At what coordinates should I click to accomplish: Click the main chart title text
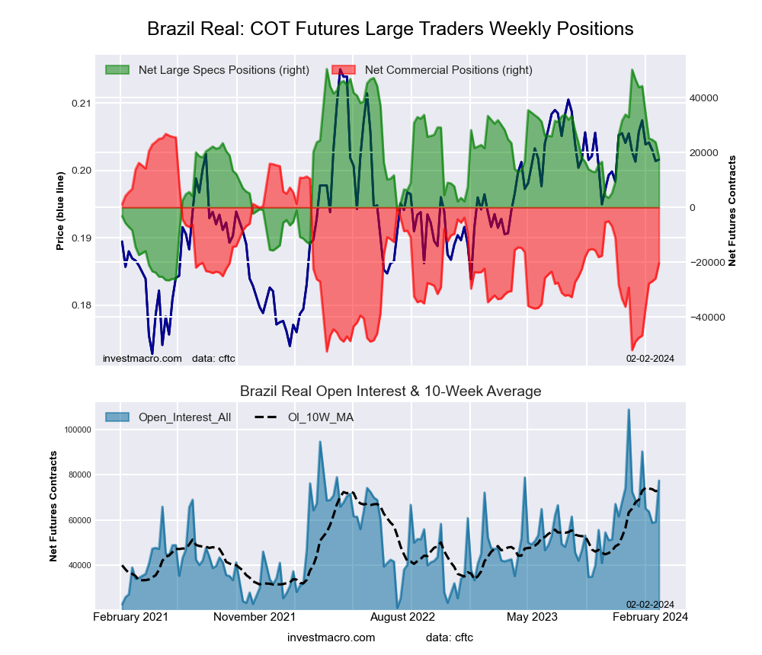pyautogui.click(x=390, y=29)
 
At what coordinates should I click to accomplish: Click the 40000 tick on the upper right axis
pyautogui.click(x=705, y=98)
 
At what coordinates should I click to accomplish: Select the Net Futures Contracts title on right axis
pyautogui.click(x=732, y=210)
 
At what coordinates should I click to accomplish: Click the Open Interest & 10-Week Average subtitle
pyautogui.click(x=390, y=391)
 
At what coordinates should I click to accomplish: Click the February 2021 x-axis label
pyautogui.click(x=131, y=616)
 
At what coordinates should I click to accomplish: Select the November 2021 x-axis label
pyautogui.click(x=254, y=616)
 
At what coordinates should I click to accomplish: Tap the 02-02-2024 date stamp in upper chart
pyautogui.click(x=650, y=358)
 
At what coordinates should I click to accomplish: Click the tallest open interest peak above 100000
pyautogui.click(x=629, y=410)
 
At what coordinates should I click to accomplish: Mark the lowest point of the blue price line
pyautogui.click(x=152, y=353)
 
